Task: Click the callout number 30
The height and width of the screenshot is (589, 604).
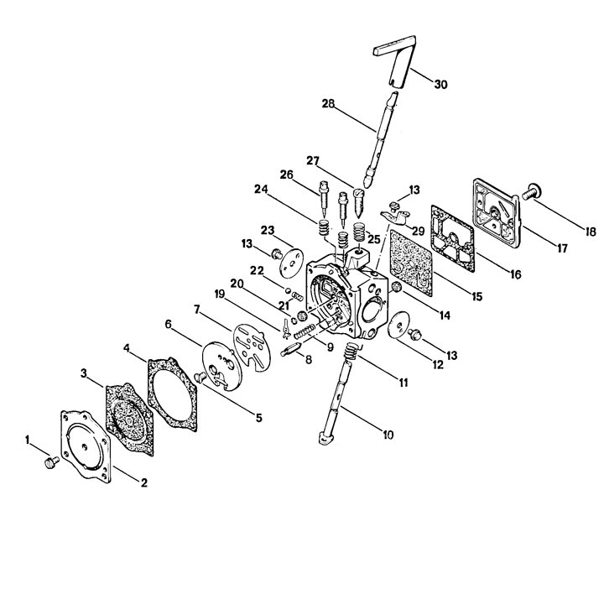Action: pyautogui.click(x=440, y=84)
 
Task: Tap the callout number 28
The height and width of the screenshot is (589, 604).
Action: pyautogui.click(x=329, y=104)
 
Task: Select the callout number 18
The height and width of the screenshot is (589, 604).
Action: pyautogui.click(x=590, y=232)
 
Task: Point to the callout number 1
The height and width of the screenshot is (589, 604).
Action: pyautogui.click(x=28, y=440)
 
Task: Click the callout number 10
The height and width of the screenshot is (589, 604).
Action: pyautogui.click(x=388, y=435)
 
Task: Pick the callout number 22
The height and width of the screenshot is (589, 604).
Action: pyautogui.click(x=257, y=271)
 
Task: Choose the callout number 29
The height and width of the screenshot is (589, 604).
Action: pyautogui.click(x=418, y=231)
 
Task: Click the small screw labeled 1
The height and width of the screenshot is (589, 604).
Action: pyautogui.click(x=51, y=462)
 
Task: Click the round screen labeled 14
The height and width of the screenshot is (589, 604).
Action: pyautogui.click(x=396, y=287)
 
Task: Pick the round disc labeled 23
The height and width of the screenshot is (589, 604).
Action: pyautogui.click(x=291, y=263)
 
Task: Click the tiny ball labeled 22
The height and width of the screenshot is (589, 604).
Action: pyautogui.click(x=288, y=289)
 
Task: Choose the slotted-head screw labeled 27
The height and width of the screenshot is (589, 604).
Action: pyautogui.click(x=359, y=202)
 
